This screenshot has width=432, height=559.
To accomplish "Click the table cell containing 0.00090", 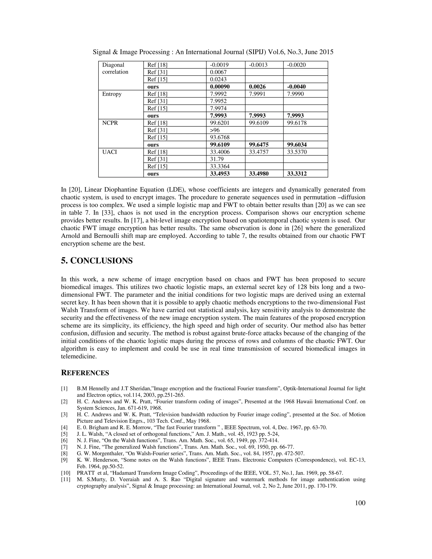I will click(x=220, y=87).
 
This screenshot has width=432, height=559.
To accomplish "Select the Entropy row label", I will click(x=112, y=94).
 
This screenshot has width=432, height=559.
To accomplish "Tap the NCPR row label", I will click(x=110, y=123).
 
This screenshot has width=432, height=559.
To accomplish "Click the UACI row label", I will click(x=109, y=152).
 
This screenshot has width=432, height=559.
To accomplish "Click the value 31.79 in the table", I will click(x=216, y=159).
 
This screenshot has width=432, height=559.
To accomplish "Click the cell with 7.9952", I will click(x=218, y=101).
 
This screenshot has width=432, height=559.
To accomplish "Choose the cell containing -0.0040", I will click(x=296, y=87).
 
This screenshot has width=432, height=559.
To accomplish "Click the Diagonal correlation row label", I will click(x=115, y=68).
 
